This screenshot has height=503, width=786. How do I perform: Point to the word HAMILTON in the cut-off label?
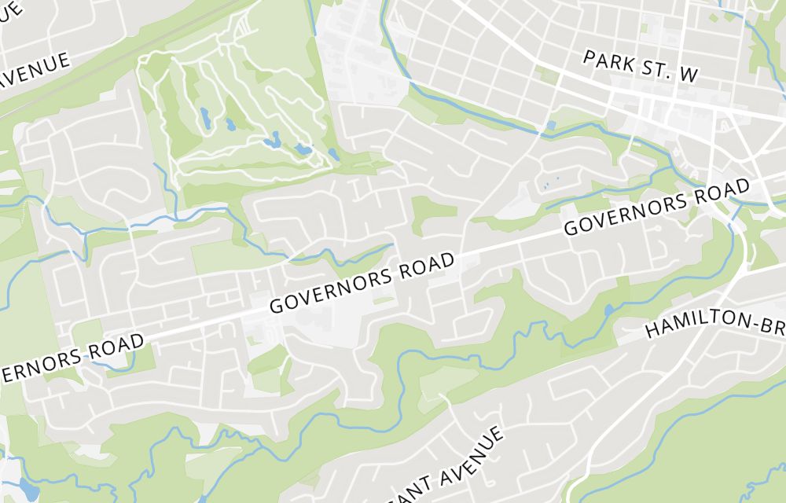click(699, 320)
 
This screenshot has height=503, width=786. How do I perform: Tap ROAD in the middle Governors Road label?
click(427, 265)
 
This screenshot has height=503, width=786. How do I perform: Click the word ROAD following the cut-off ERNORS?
click(116, 346)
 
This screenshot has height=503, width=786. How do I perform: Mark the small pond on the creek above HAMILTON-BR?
click(608, 310)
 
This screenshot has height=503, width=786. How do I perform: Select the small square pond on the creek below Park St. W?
click(550, 125)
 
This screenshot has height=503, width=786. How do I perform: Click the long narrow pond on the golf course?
click(204, 118)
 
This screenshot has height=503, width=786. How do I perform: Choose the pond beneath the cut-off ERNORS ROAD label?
click(28, 487)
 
